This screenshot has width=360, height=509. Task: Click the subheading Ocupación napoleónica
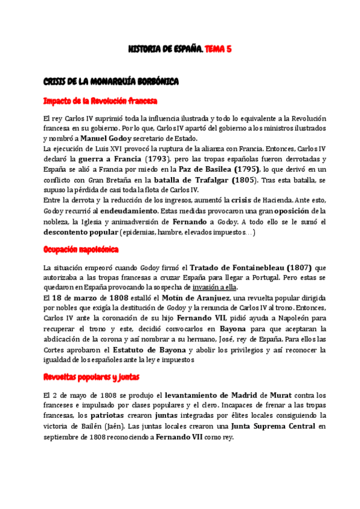[x=81, y=248]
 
